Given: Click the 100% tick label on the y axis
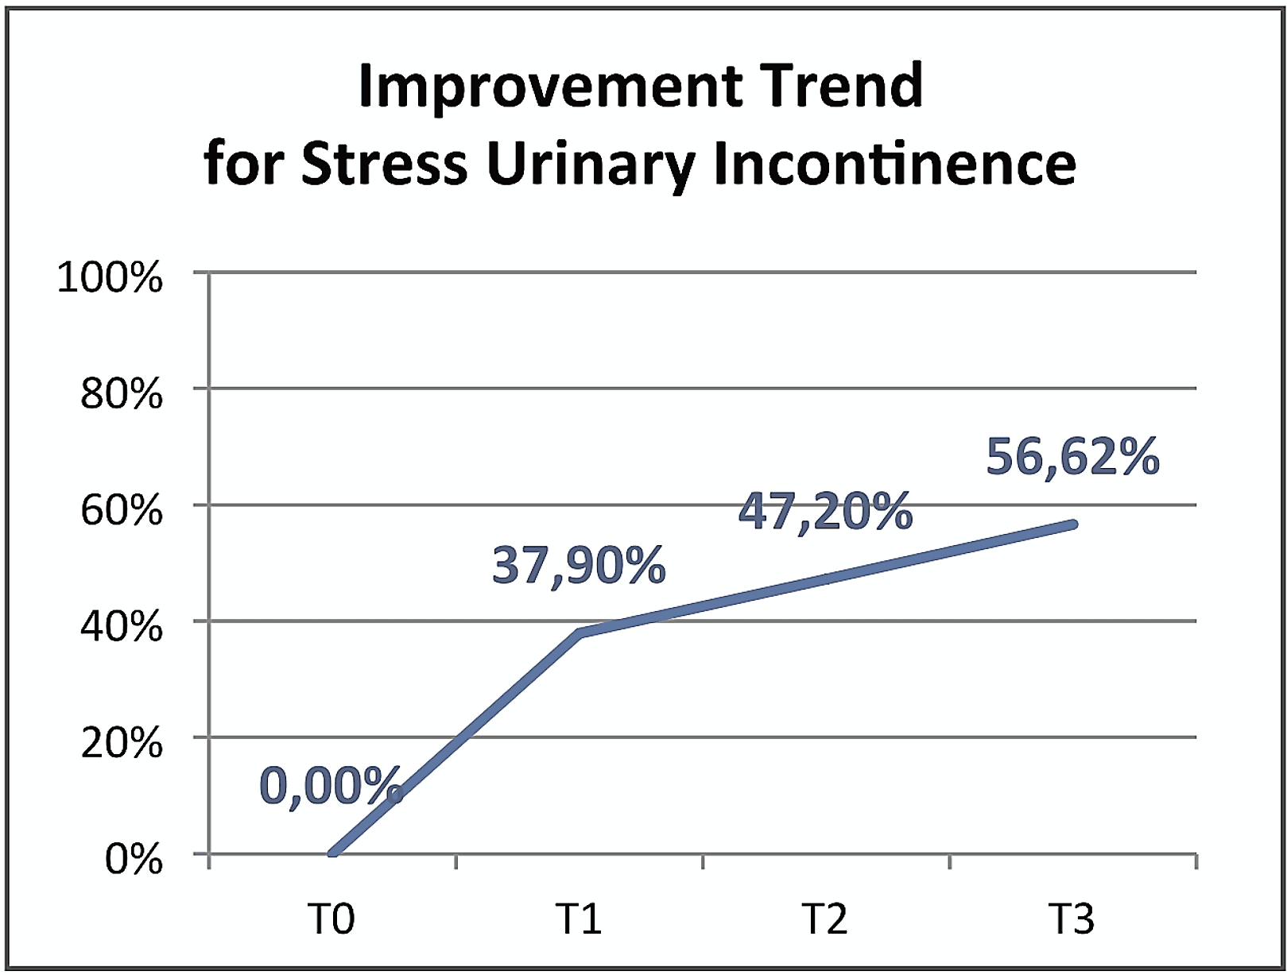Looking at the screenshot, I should [x=110, y=278].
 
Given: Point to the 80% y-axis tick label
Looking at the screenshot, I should [x=121, y=394].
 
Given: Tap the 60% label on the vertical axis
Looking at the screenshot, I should [x=121, y=510].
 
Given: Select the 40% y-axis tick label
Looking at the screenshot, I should [x=121, y=627].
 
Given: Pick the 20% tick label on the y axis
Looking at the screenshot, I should [x=121, y=744].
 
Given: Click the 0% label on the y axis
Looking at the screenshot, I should [x=134, y=860].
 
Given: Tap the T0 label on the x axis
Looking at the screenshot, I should [x=331, y=919].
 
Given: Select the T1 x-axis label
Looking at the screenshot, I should [x=579, y=919].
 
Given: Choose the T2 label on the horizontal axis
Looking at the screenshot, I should [x=825, y=919].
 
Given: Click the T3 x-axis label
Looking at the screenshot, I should [x=1072, y=919].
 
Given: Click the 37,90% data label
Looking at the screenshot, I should [x=579, y=566].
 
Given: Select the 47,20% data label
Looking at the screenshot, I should [x=825, y=511].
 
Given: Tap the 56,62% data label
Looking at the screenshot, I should [x=1072, y=457].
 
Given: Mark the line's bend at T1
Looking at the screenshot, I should [x=580, y=633].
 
